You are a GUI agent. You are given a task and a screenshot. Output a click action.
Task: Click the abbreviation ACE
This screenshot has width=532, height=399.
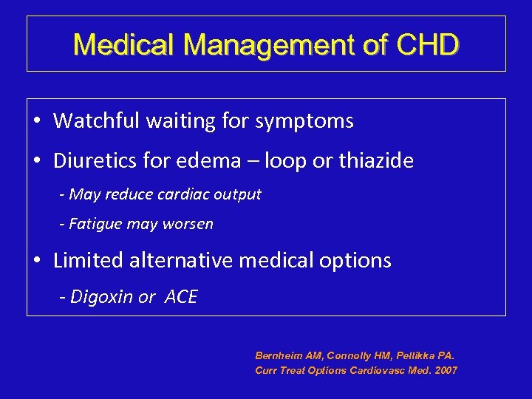[180, 297]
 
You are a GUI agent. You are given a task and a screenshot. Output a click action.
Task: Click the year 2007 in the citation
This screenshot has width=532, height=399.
[445, 370]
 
